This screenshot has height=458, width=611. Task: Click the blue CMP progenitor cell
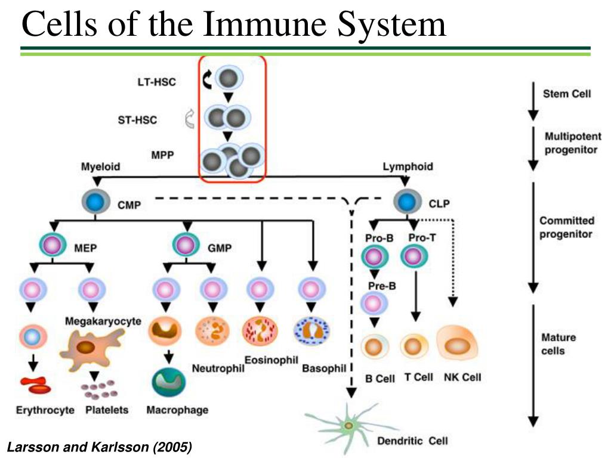coord(95,203)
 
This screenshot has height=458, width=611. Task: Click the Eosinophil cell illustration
coord(260,331)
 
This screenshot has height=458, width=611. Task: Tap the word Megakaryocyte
coord(103,321)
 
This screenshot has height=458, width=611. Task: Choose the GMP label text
coord(221,247)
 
